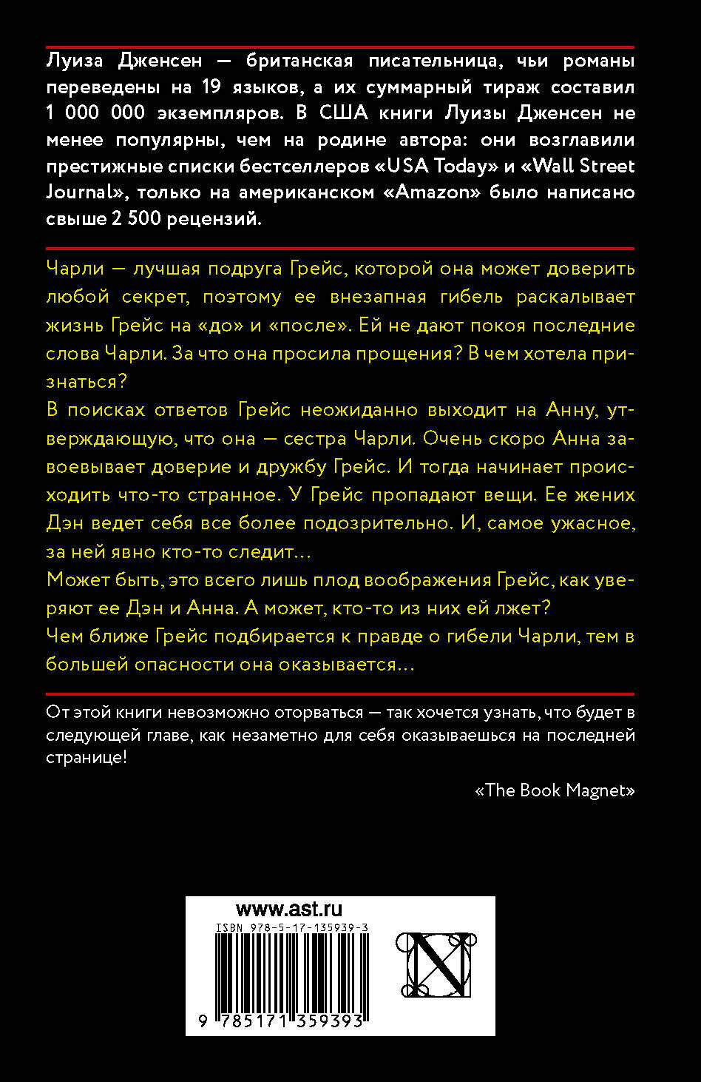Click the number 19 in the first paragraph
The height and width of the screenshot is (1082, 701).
coord(213,87)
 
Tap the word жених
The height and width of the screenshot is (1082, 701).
coord(605,494)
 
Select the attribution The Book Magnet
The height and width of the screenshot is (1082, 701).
coord(555,790)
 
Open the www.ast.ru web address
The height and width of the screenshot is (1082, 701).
coord(288,910)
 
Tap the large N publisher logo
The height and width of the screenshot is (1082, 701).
coord(433,964)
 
